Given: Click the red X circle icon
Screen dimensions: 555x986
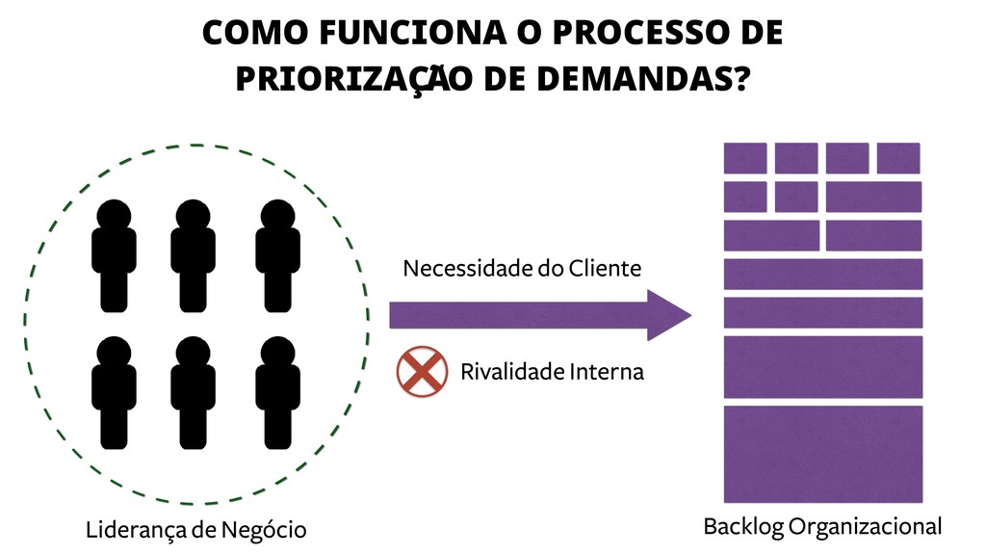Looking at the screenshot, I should tap(422, 372).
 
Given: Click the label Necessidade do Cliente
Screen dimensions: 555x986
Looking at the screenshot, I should tap(522, 268).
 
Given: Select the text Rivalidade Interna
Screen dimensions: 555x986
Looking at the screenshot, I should tap(552, 372).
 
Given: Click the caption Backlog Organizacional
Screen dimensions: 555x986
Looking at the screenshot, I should tap(822, 526).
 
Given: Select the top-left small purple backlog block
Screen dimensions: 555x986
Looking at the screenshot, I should tap(745, 158).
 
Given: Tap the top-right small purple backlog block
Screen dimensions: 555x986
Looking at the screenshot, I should tap(898, 158).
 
